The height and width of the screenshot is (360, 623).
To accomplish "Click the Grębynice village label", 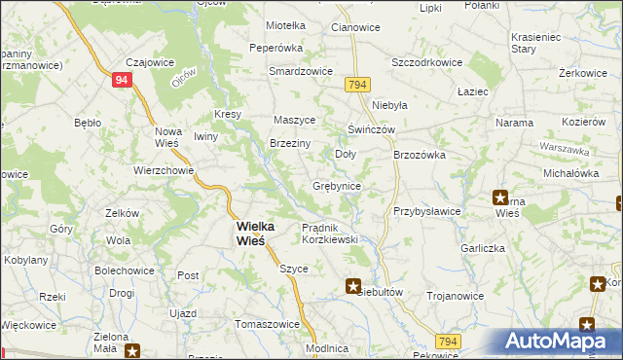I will click(x=337, y=186).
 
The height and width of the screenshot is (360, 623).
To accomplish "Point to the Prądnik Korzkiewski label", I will click(x=330, y=233).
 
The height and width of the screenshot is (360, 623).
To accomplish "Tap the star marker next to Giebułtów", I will click(x=353, y=286).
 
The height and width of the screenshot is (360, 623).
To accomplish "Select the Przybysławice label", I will click(x=426, y=211).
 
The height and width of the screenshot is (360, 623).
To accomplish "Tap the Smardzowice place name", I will click(x=302, y=72).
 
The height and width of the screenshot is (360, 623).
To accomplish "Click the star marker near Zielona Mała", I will click(x=133, y=350).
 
